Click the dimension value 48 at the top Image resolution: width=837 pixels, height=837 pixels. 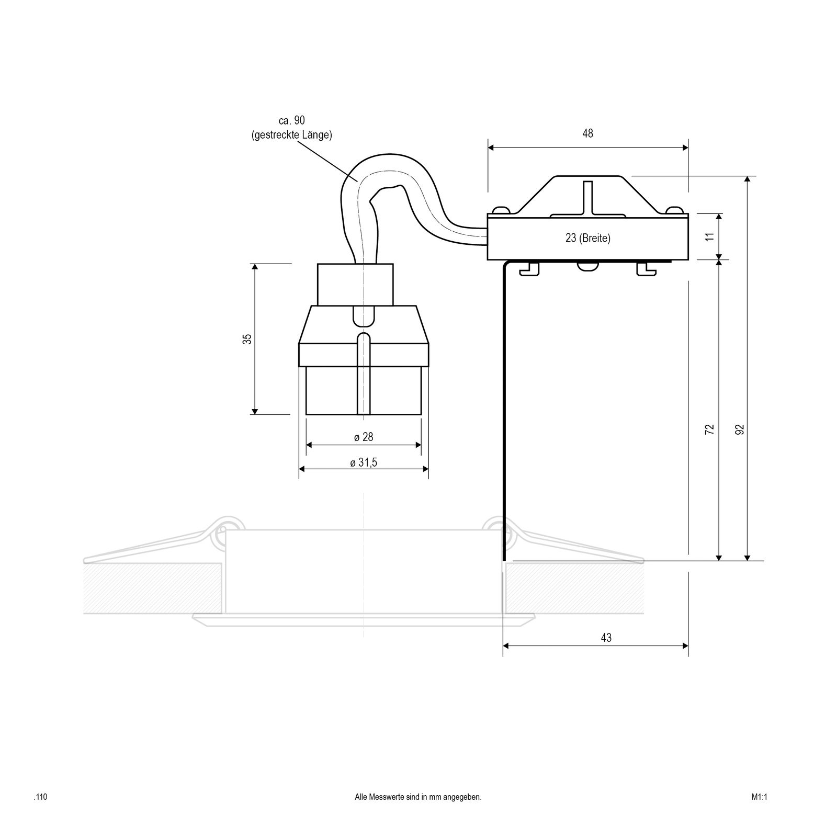tap(587, 133)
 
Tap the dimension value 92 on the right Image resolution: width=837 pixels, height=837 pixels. tap(739, 429)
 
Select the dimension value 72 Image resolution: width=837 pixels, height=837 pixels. tap(709, 429)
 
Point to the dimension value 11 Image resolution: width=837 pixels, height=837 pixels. tap(709, 236)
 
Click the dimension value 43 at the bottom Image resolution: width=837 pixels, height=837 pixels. tap(606, 638)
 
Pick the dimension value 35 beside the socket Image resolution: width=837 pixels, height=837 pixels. tap(248, 338)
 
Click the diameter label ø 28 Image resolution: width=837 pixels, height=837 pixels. tap(364, 437)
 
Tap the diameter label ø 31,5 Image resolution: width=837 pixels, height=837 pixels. tap(364, 462)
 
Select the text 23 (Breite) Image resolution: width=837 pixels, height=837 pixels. tap(588, 238)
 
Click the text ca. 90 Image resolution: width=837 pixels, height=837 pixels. tap(292, 121)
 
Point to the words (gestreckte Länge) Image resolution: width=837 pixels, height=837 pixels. tap(291, 135)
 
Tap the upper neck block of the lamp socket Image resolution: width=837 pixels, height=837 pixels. tap(355, 285)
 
